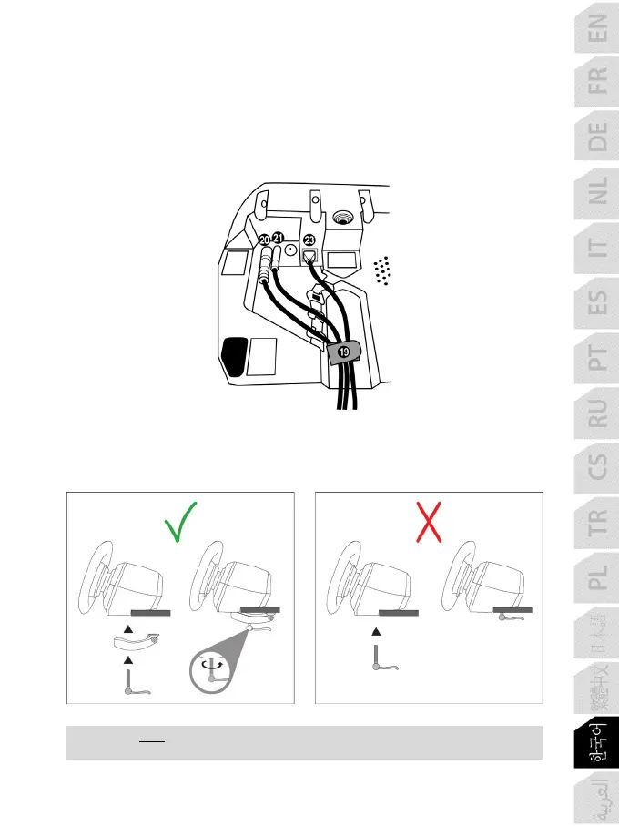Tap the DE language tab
595,139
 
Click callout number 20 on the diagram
265,239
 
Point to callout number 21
279,238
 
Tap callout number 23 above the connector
309,240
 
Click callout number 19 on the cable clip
343,352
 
